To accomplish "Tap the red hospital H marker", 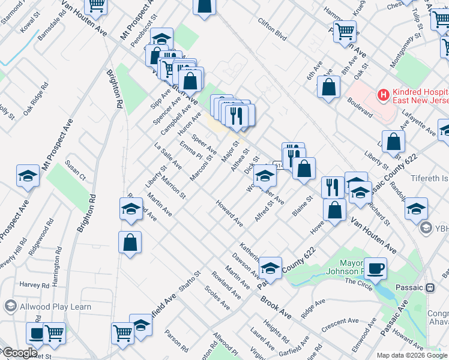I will pos(382,95).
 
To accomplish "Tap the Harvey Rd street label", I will pos(33,284).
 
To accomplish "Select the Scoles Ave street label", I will pos(217,298).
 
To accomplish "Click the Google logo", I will pos(19,353).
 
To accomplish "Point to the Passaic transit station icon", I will pos(430,287).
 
